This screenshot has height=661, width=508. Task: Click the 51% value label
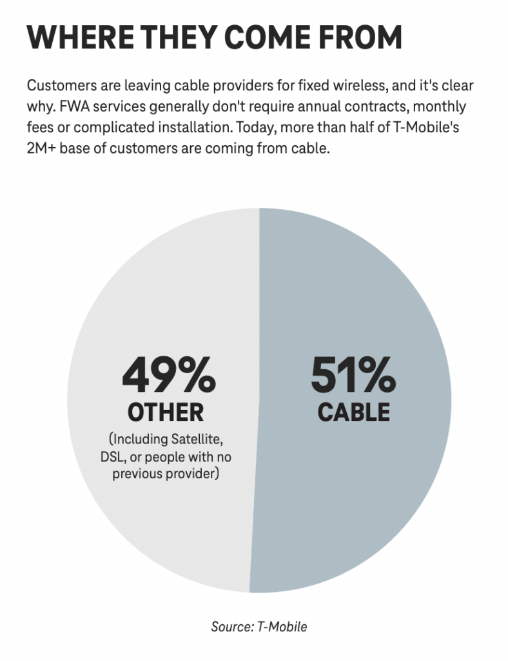click(353, 376)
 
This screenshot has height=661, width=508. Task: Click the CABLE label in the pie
click(353, 411)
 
